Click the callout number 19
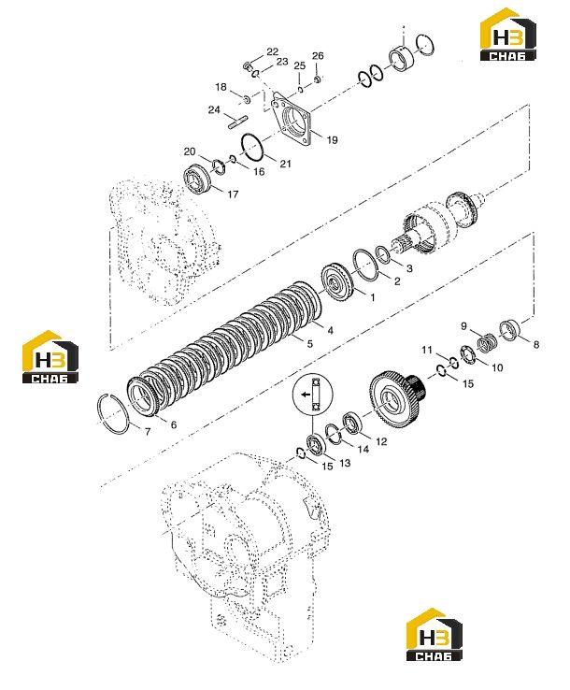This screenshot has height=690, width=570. click(x=332, y=139)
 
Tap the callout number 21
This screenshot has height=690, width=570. click(x=285, y=164)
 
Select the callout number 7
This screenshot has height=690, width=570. click(x=148, y=432)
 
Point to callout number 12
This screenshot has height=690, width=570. click(x=381, y=441)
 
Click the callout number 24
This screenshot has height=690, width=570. click(x=214, y=109)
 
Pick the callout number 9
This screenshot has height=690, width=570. click(x=463, y=326)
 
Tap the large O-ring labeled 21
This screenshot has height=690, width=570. click(x=253, y=148)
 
